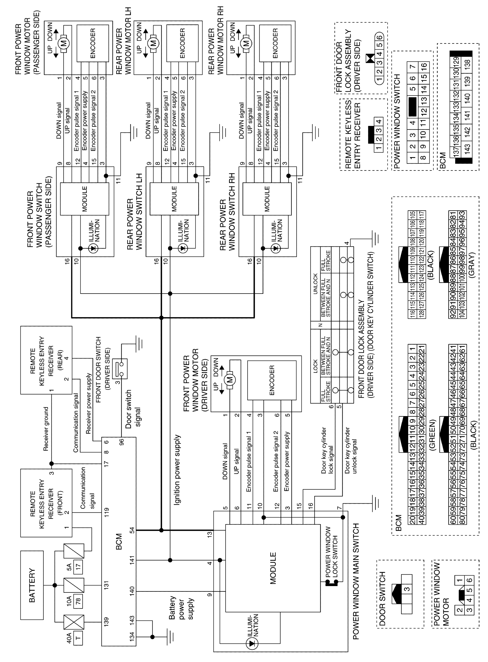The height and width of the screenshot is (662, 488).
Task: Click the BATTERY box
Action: click(x=32, y=585)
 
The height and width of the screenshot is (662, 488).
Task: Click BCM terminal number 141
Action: click(x=132, y=560)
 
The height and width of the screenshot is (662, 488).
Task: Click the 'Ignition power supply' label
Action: click(x=177, y=470)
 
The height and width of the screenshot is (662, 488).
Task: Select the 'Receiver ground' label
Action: click(x=46, y=429)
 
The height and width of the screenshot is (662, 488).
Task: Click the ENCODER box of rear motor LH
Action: click(x=182, y=43)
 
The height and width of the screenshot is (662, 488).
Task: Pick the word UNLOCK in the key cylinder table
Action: click(x=315, y=284)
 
